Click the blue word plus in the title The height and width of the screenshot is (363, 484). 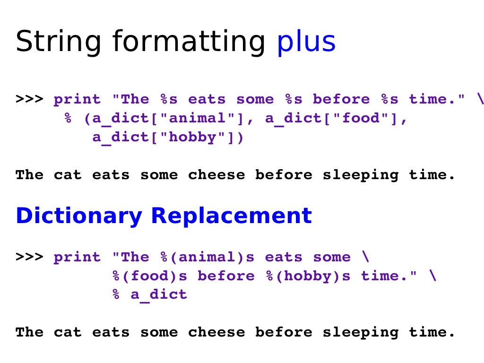click(306, 43)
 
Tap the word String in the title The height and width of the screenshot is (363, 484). click(58, 43)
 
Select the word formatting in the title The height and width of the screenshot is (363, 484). click(189, 43)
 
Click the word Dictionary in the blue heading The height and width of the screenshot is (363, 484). click(78, 216)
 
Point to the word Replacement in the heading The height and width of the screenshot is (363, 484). click(231, 216)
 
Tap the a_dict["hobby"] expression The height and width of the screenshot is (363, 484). click(168, 138)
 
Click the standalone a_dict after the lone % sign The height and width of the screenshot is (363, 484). click(159, 295)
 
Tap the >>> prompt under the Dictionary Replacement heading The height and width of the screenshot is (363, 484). click(29, 257)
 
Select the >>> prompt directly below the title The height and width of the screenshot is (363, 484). click(29, 99)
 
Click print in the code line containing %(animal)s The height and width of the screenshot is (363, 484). click(77, 257)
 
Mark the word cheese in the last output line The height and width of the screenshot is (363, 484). click(216, 332)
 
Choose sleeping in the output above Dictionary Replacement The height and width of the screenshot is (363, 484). click(360, 175)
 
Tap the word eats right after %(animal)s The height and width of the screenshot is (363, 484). click(284, 257)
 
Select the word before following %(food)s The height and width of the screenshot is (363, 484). click(226, 276)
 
